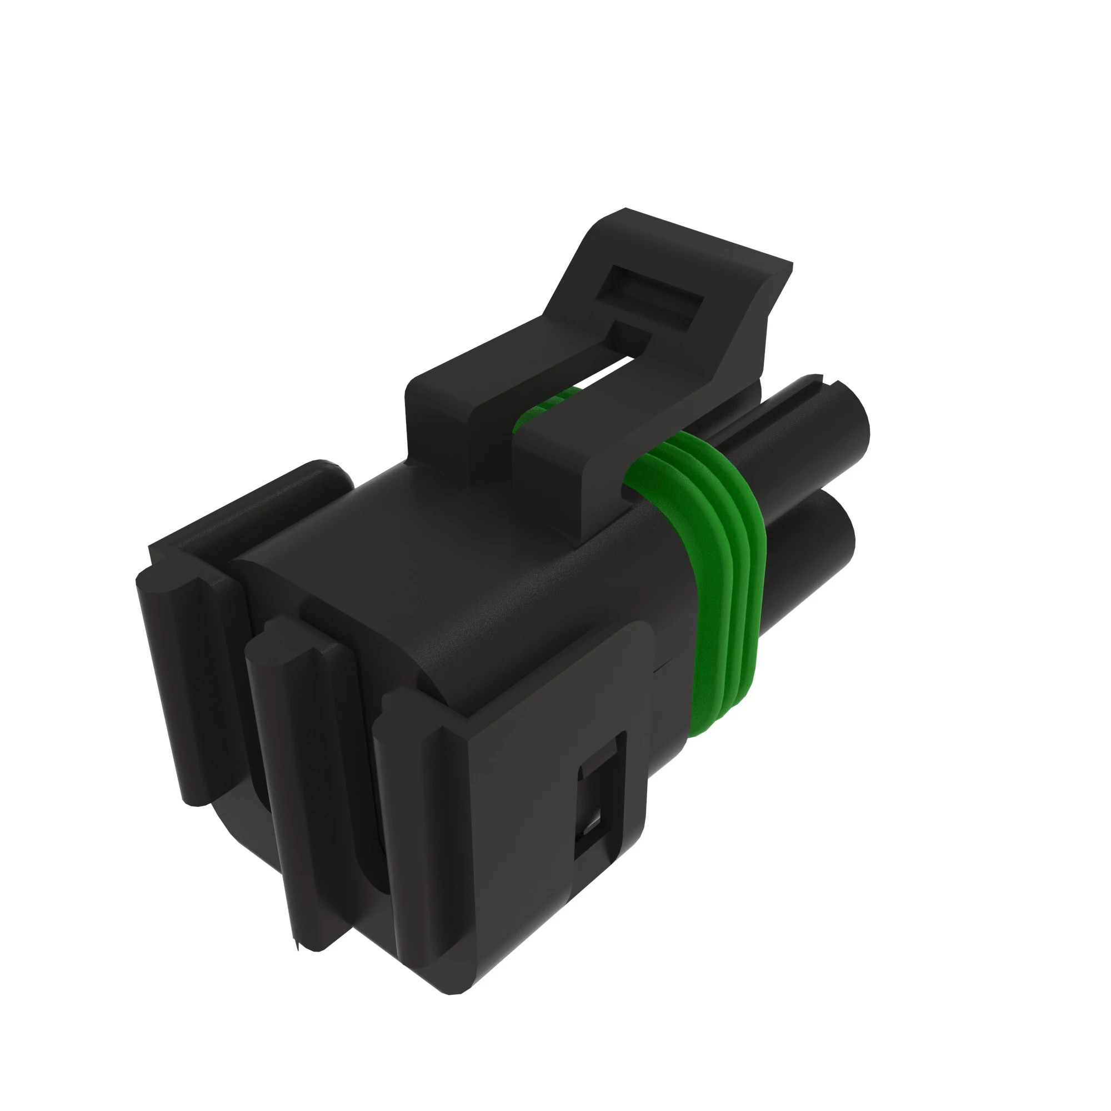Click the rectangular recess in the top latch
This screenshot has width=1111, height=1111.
click(650, 299)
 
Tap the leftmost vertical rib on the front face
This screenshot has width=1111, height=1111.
click(184, 690)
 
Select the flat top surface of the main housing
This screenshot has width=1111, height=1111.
click(460, 563)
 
